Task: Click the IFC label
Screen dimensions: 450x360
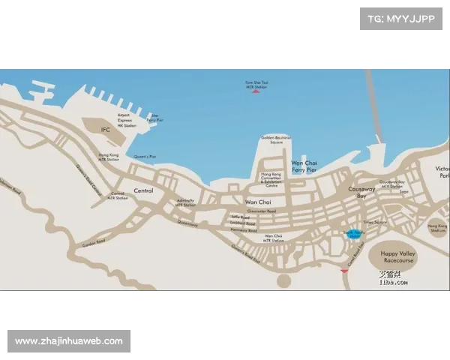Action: coord(106,130)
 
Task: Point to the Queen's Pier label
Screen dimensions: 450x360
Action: coord(145,157)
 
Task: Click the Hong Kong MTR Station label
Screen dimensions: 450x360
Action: coord(109,157)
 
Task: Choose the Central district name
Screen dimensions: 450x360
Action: coord(143,190)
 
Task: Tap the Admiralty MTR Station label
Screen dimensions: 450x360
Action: coord(184,202)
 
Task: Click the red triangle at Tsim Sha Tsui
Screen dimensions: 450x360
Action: coord(256,91)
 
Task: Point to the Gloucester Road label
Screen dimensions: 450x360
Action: coord(261,211)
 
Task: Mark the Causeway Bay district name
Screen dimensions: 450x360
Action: coord(360,193)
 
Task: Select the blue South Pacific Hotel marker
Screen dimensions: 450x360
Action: coord(352,235)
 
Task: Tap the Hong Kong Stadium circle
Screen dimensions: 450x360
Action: coord(437,227)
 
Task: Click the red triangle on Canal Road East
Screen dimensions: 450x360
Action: coord(343,270)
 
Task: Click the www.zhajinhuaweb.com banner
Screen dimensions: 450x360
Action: coord(69,341)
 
